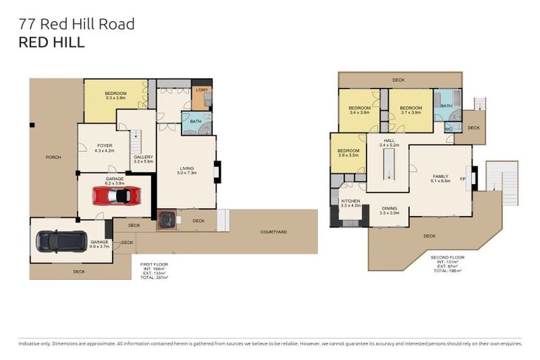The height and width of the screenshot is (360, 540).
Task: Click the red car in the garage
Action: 115,198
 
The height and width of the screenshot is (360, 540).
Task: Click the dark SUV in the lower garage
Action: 61,241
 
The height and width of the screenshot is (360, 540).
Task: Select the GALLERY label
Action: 143,159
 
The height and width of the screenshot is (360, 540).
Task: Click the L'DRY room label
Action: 201,90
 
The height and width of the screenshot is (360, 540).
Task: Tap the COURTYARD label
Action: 273,232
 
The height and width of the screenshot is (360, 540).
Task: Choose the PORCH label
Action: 53,157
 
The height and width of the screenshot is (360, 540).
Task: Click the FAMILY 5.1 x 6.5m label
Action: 440,179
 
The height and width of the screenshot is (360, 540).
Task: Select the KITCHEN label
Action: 351,203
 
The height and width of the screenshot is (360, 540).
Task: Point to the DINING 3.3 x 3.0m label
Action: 389,210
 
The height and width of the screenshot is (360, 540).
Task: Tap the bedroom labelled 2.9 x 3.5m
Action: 348,153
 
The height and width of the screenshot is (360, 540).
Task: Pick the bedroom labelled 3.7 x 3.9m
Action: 410,110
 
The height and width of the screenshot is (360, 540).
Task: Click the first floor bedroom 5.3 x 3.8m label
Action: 115,96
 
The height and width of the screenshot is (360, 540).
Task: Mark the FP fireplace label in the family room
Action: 462,179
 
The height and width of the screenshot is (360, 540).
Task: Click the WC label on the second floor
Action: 447,129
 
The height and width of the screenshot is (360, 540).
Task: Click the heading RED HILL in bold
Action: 51,42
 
